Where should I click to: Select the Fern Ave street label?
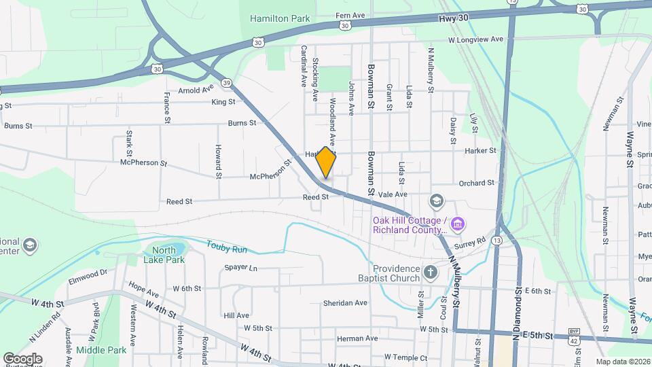[x=351, y=15]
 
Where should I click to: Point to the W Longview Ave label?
[x=475, y=40]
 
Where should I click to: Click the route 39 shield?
[x=226, y=83]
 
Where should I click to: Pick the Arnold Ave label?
[x=196, y=90]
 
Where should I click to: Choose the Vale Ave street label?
[x=392, y=194]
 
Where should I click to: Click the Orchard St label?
[x=476, y=183]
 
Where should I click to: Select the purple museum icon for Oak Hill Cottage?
[x=458, y=224]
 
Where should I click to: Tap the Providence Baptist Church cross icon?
[x=430, y=273]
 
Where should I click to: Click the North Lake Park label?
[x=164, y=255]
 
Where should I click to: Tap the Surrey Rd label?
[x=472, y=241]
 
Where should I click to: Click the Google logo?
[x=22, y=358]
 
